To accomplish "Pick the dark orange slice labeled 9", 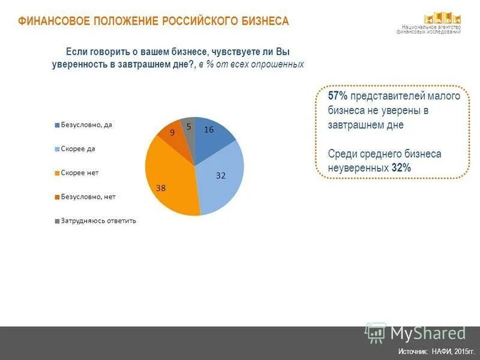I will click(x=173, y=135).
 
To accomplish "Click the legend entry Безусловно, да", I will click(x=86, y=125).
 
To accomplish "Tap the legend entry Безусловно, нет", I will click(x=88, y=196).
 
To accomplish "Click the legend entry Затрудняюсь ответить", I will click(x=98, y=220).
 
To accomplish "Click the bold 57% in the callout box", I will click(x=338, y=96).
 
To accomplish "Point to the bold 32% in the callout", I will click(x=401, y=168).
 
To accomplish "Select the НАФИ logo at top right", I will click(x=443, y=19).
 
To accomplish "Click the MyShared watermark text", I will click(x=428, y=333).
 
